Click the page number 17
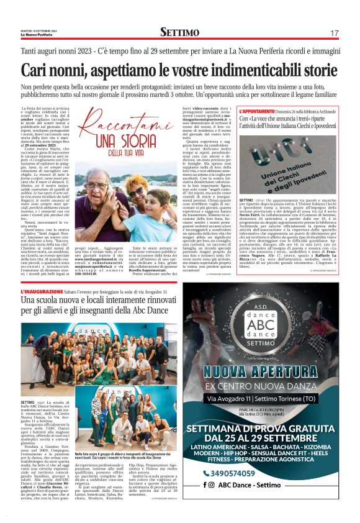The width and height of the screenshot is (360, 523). point(334,32)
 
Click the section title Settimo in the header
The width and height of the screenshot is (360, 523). point(179,32)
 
